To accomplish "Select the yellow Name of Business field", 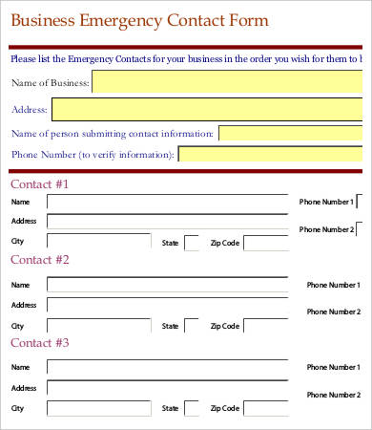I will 229,83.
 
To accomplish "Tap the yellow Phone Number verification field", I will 272,154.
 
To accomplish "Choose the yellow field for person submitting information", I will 291,133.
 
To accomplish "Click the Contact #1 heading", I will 39,183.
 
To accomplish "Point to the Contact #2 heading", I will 39,259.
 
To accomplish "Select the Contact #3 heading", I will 39,342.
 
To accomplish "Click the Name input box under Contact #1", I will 167,203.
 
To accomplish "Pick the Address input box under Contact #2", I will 167,305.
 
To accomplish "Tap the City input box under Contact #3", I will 99,409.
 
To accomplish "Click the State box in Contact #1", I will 192,243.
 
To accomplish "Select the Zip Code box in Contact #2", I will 266,326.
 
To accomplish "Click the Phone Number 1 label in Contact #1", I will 326,203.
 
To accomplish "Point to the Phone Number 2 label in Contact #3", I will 333,395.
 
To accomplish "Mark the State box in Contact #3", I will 192,409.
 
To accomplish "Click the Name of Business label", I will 50,83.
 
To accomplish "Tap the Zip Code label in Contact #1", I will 224,243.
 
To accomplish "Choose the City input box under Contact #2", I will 99,326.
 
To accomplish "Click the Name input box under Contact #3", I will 167,367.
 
